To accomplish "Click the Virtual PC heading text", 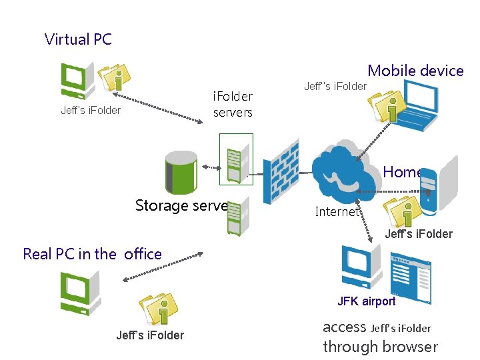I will [78, 39].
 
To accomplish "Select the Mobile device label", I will [415, 71].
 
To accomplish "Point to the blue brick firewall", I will [280, 172].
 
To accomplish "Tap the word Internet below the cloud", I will [336, 212].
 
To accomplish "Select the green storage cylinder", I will [181, 171].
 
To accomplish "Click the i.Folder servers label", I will [233, 105].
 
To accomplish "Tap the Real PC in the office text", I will [92, 254].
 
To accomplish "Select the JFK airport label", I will [366, 301].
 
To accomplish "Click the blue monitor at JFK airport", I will [361, 267].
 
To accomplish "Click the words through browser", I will [380, 347].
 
